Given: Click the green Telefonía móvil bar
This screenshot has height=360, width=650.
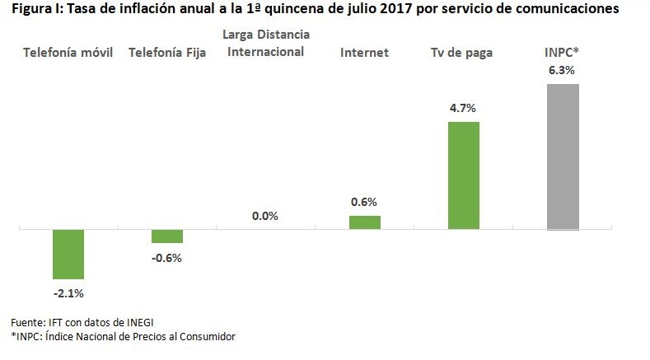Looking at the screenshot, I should click(68, 254).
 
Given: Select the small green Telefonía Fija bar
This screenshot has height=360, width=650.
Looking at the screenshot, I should click(167, 236).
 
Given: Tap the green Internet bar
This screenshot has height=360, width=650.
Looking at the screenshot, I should click(365, 222).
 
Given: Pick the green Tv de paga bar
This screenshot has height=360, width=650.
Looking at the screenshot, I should click(464, 175).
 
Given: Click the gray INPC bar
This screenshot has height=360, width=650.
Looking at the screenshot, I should click(563, 157).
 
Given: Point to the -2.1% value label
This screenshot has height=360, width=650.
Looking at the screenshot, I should click(69, 292).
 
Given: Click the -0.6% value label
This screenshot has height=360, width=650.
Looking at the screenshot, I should click(166, 257).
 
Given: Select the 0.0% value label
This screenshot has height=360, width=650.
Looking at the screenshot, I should click(265, 216).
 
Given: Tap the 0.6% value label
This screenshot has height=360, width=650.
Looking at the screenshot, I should click(364, 203).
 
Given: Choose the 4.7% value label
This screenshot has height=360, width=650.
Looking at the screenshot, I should click(463, 108).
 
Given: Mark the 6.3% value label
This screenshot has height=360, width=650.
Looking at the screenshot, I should click(562, 71).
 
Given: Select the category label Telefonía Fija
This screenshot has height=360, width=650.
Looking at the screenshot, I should click(167, 53).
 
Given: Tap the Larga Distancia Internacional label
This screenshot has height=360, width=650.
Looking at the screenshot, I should click(265, 44).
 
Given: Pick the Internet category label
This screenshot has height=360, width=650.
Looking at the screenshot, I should click(364, 53).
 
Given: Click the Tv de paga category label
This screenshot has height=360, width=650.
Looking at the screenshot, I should click(462, 53).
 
